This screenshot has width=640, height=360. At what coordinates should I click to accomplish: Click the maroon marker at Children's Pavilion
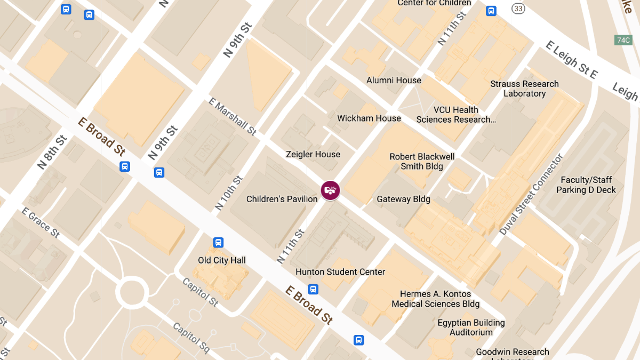(330, 190)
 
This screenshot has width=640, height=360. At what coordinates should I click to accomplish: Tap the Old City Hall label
(222, 260)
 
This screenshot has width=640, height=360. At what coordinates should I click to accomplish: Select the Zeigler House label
(313, 154)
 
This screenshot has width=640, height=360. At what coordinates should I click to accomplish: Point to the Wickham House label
(369, 118)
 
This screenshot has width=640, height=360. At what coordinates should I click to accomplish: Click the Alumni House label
(394, 81)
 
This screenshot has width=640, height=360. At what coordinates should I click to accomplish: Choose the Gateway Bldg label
(403, 199)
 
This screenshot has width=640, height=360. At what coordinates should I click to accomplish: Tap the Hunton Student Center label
(340, 272)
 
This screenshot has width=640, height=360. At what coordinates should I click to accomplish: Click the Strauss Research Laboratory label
(524, 89)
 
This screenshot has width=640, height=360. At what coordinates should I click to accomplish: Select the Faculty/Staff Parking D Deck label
(586, 185)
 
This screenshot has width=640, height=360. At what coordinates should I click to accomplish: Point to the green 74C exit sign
(623, 40)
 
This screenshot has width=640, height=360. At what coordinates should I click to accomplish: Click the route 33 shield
(517, 9)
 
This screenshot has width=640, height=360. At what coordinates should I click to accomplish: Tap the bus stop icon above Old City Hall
(218, 243)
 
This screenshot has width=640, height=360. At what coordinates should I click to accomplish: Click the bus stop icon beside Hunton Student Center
(314, 289)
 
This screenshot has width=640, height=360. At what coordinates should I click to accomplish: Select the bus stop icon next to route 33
(491, 11)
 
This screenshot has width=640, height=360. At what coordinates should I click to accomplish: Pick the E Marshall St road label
(233, 116)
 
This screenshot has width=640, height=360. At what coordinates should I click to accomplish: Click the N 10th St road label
(229, 193)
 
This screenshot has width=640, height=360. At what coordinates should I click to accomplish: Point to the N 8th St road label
(52, 152)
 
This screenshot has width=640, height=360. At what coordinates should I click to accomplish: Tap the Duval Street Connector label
(531, 195)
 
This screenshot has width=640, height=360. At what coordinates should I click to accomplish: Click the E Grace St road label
(41, 222)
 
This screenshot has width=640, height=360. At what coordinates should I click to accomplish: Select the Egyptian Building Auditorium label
(471, 327)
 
